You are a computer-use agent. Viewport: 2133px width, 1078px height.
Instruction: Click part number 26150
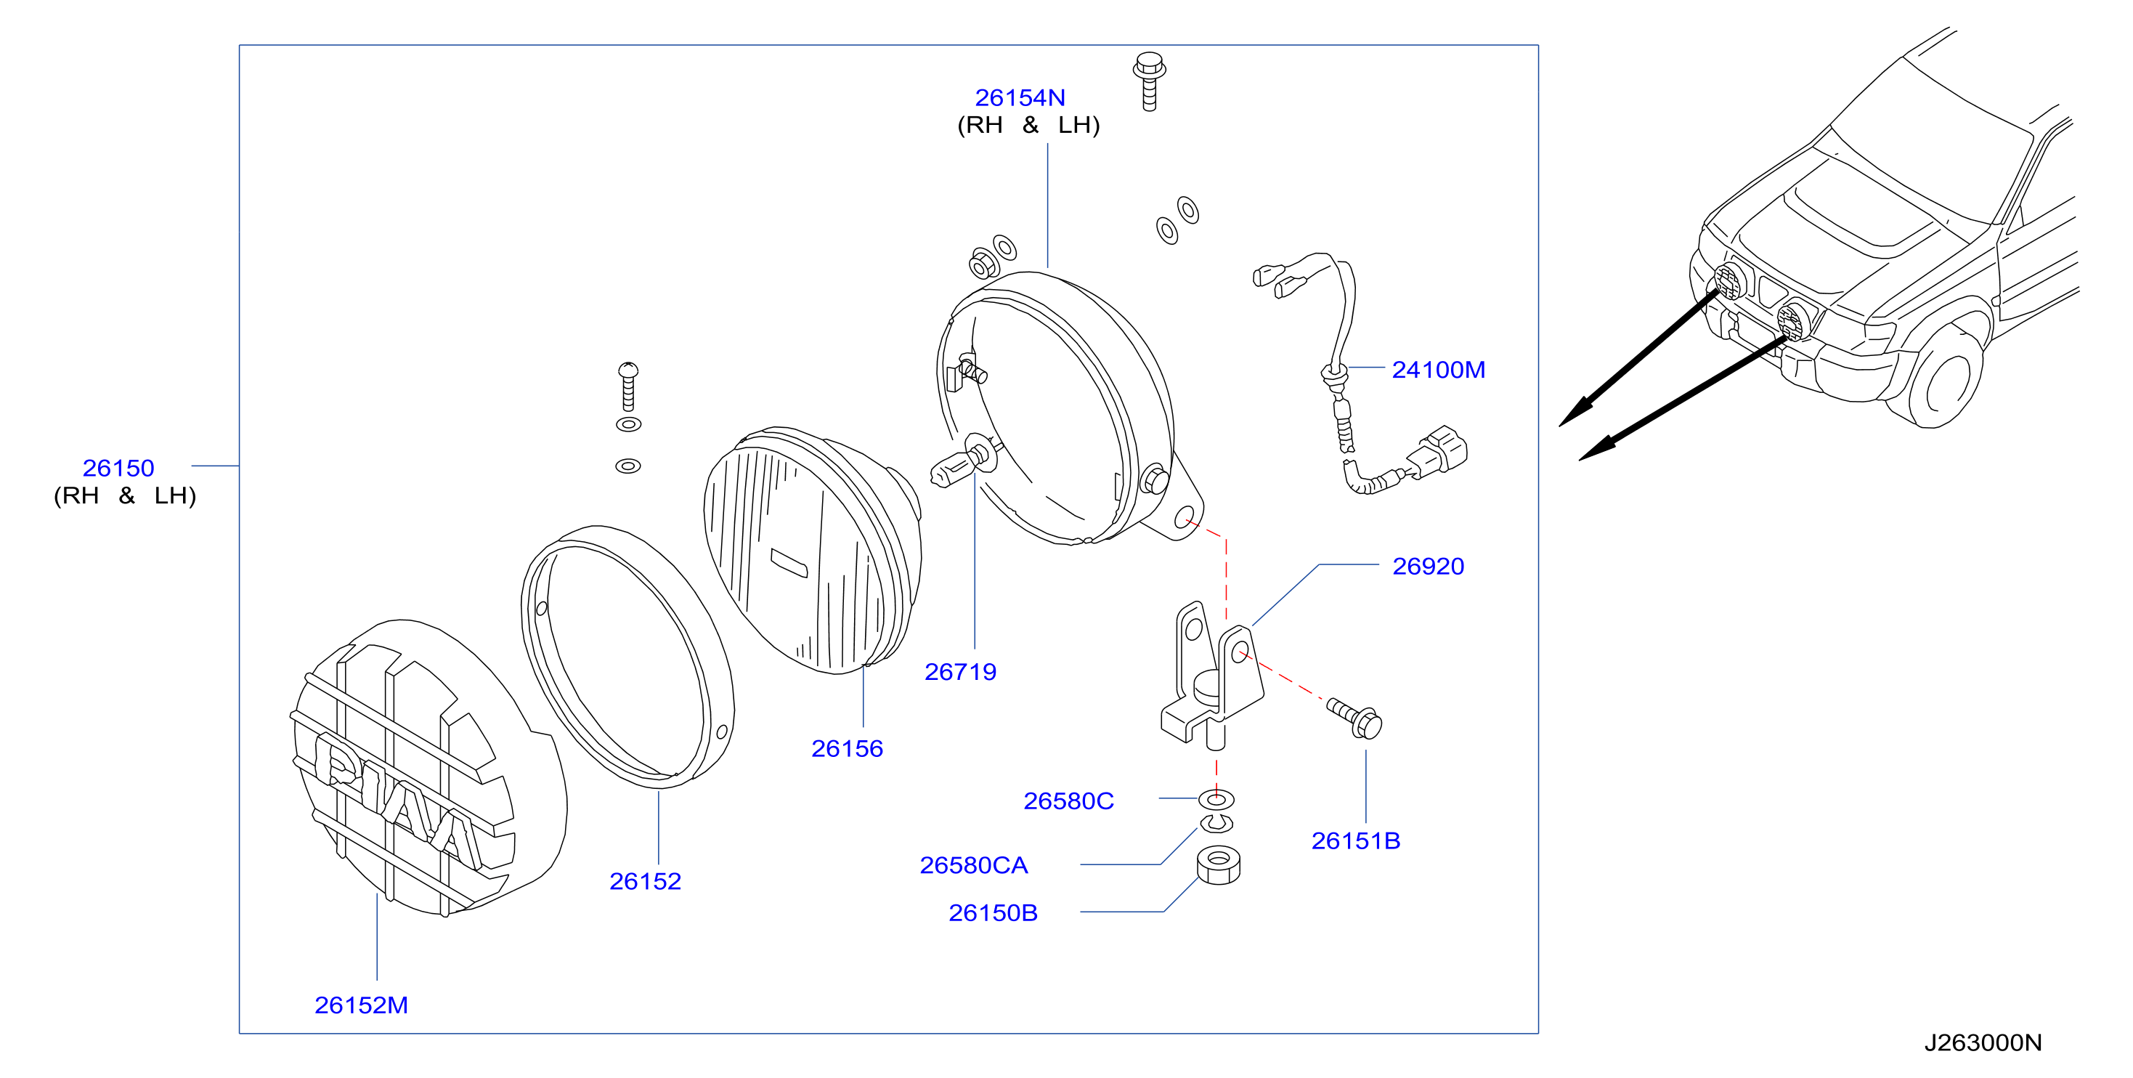118,468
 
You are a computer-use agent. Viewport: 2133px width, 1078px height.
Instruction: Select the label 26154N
1020,97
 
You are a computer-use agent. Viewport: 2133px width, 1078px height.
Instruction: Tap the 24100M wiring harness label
1438,369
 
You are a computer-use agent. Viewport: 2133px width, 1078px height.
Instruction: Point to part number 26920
1428,567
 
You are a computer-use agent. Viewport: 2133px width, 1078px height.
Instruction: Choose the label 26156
847,748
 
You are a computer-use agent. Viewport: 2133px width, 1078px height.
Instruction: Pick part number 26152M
361,1005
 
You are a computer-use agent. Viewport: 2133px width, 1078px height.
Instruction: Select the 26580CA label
974,865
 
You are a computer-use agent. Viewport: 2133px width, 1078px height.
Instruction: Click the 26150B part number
993,912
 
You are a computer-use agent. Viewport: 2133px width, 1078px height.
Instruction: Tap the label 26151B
1355,840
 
